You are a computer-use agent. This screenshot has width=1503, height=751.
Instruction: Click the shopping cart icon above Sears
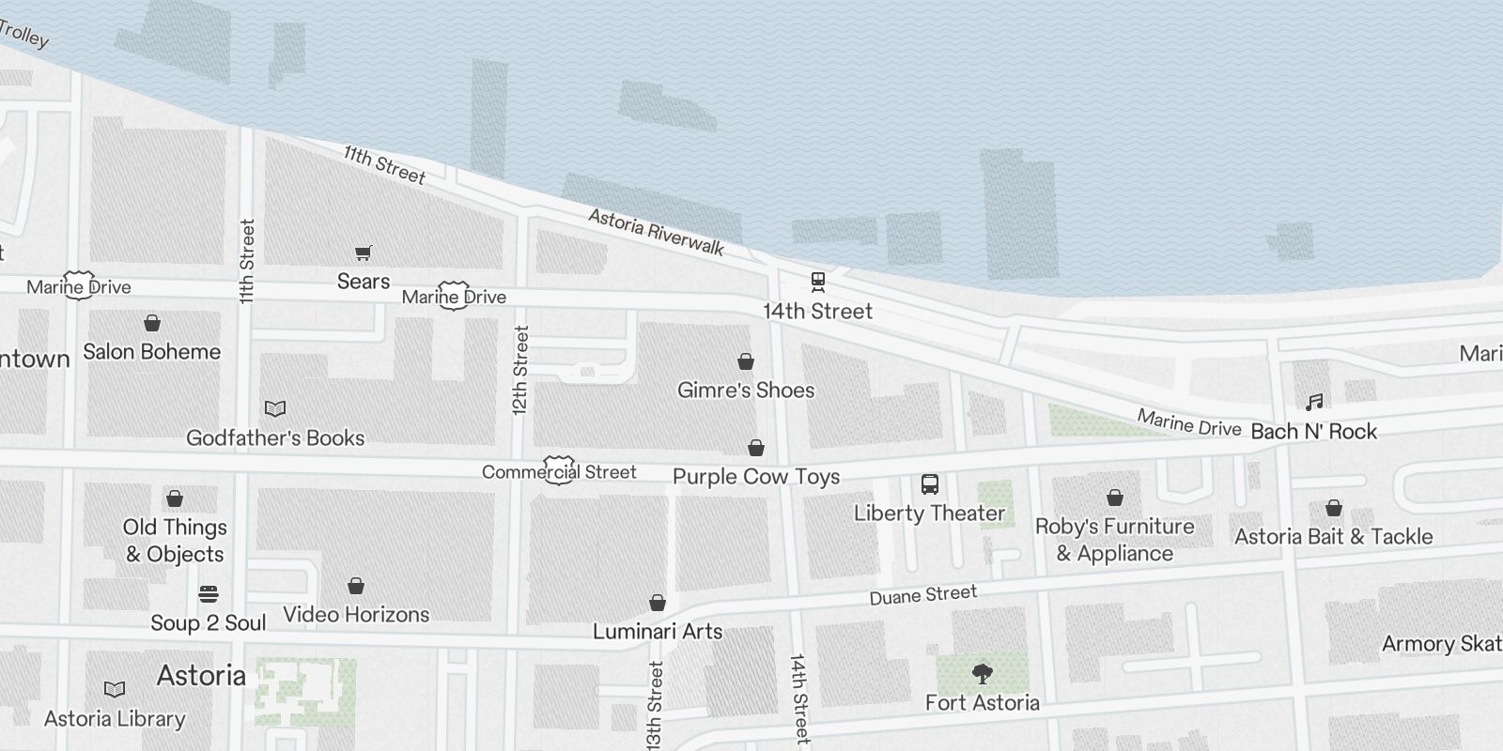click(364, 253)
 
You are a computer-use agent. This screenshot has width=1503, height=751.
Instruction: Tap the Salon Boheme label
click(152, 352)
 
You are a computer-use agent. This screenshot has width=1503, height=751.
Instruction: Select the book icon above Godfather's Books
click(274, 408)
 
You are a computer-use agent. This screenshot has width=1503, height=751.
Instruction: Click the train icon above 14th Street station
click(817, 281)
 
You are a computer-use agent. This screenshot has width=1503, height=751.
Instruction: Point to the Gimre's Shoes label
click(746, 391)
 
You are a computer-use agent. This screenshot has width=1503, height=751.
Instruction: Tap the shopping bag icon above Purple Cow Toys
click(756, 448)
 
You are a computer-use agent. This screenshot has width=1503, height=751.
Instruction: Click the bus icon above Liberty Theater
click(930, 484)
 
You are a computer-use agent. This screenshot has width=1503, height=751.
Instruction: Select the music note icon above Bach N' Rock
click(1314, 403)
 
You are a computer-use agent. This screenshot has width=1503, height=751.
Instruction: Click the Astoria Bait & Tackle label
click(1334, 537)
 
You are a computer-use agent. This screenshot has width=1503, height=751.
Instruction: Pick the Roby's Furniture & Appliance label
click(1115, 540)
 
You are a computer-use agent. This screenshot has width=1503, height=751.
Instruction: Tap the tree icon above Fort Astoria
click(982, 673)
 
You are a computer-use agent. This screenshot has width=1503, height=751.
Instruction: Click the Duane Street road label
click(922, 595)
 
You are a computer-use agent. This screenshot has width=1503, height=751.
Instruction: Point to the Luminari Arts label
click(658, 632)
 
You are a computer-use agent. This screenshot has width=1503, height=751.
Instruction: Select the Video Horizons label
click(356, 615)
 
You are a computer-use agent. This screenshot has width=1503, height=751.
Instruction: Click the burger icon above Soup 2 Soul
click(209, 594)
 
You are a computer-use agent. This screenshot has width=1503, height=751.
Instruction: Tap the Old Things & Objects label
click(175, 541)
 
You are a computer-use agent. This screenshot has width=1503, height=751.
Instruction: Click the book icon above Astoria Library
click(115, 690)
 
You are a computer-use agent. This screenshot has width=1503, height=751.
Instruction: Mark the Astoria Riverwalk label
click(656, 232)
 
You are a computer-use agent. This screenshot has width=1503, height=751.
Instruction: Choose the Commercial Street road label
click(559, 472)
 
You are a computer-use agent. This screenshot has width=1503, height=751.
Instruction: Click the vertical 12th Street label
click(521, 371)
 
